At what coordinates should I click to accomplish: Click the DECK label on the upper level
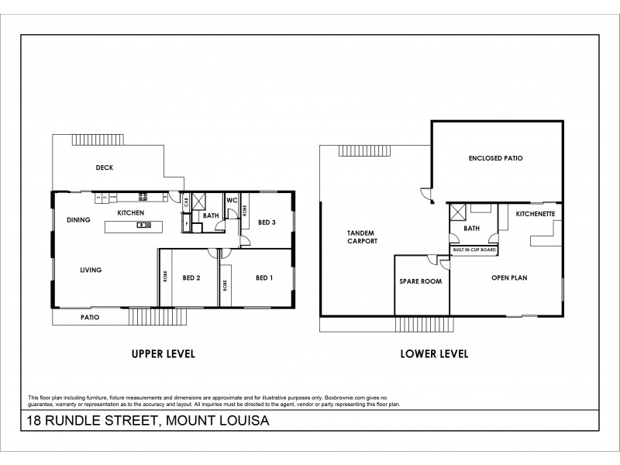105,167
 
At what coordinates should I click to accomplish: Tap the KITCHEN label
130,212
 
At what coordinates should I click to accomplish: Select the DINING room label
78,219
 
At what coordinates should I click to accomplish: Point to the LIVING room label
91,270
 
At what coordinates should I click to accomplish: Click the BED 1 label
265,277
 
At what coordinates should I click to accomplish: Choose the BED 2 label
192,277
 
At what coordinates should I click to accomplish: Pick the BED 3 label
267,222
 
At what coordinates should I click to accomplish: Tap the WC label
231,200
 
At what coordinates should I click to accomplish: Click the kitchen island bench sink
143,226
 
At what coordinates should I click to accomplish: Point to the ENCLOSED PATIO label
495,158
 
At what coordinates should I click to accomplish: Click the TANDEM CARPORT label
361,237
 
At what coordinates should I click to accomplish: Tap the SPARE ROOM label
420,281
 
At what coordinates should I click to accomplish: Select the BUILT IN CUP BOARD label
475,250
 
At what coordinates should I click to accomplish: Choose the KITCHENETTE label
534,212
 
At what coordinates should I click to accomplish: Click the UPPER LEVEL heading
162,354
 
